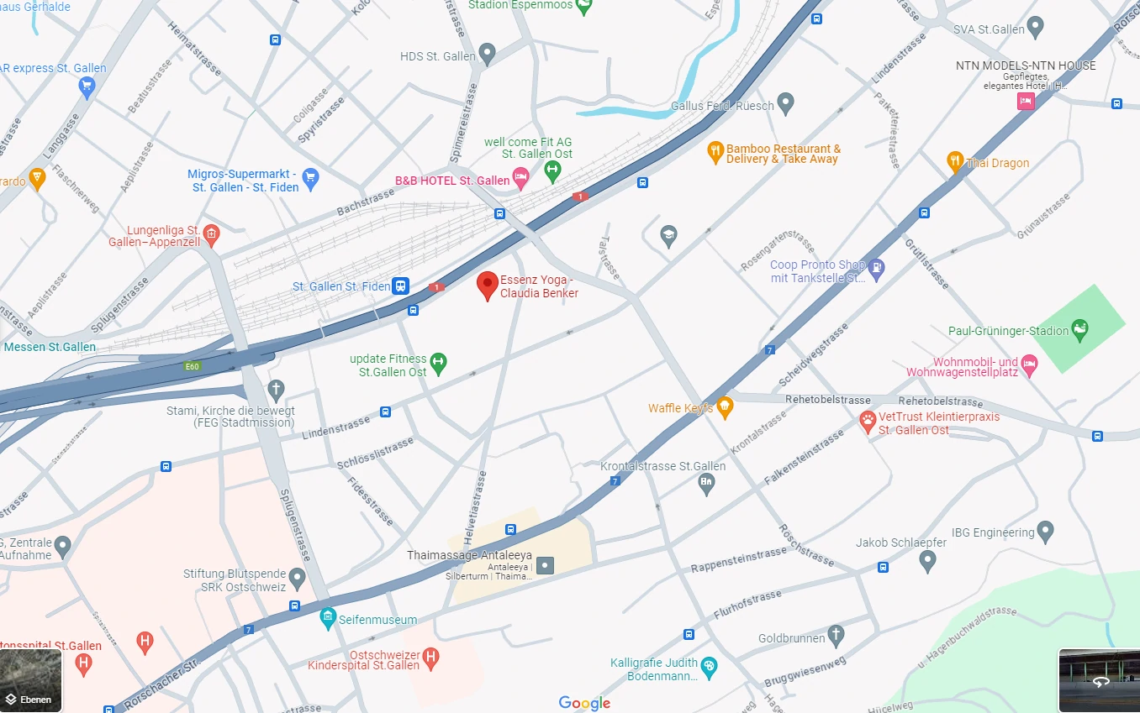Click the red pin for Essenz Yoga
(x=487, y=285)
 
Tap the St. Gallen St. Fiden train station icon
(x=401, y=286)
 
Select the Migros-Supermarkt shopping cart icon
(x=310, y=176)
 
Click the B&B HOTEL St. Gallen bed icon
(x=520, y=176)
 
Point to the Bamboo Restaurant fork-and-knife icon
(x=715, y=152)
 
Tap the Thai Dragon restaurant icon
(x=954, y=161)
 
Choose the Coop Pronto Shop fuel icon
(x=876, y=269)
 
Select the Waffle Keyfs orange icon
(x=724, y=408)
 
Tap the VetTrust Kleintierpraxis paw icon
(x=868, y=420)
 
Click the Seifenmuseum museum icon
(x=328, y=620)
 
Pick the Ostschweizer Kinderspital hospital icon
(x=430, y=657)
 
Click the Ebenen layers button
(x=30, y=680)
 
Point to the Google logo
(x=584, y=704)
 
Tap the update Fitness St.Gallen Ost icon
(x=438, y=363)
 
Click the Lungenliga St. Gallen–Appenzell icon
(x=211, y=233)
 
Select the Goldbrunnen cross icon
(x=836, y=635)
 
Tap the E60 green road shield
(x=193, y=366)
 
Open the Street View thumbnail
(x=1099, y=680)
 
